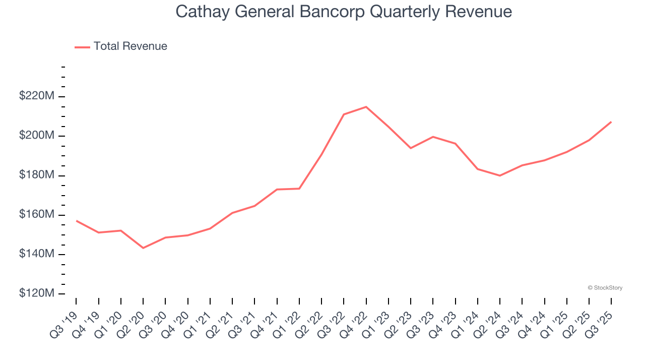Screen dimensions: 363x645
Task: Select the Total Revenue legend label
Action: click(x=130, y=46)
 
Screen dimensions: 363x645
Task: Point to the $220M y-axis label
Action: click(x=36, y=95)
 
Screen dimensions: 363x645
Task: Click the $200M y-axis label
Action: click(x=36, y=135)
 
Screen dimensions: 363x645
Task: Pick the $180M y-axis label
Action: click(x=36, y=174)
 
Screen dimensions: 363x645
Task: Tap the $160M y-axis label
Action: click(x=36, y=214)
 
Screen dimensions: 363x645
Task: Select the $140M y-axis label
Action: click(x=36, y=254)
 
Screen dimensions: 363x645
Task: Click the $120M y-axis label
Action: click(x=36, y=293)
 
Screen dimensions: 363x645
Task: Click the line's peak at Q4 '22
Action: click(x=366, y=107)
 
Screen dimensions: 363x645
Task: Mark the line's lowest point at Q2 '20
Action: click(x=143, y=248)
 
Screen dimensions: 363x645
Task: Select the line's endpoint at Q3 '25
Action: click(x=611, y=122)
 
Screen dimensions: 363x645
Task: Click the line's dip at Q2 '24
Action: click(x=500, y=175)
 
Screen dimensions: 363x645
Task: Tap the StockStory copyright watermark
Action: click(x=605, y=288)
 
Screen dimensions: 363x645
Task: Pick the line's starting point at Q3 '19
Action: click(x=77, y=220)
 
